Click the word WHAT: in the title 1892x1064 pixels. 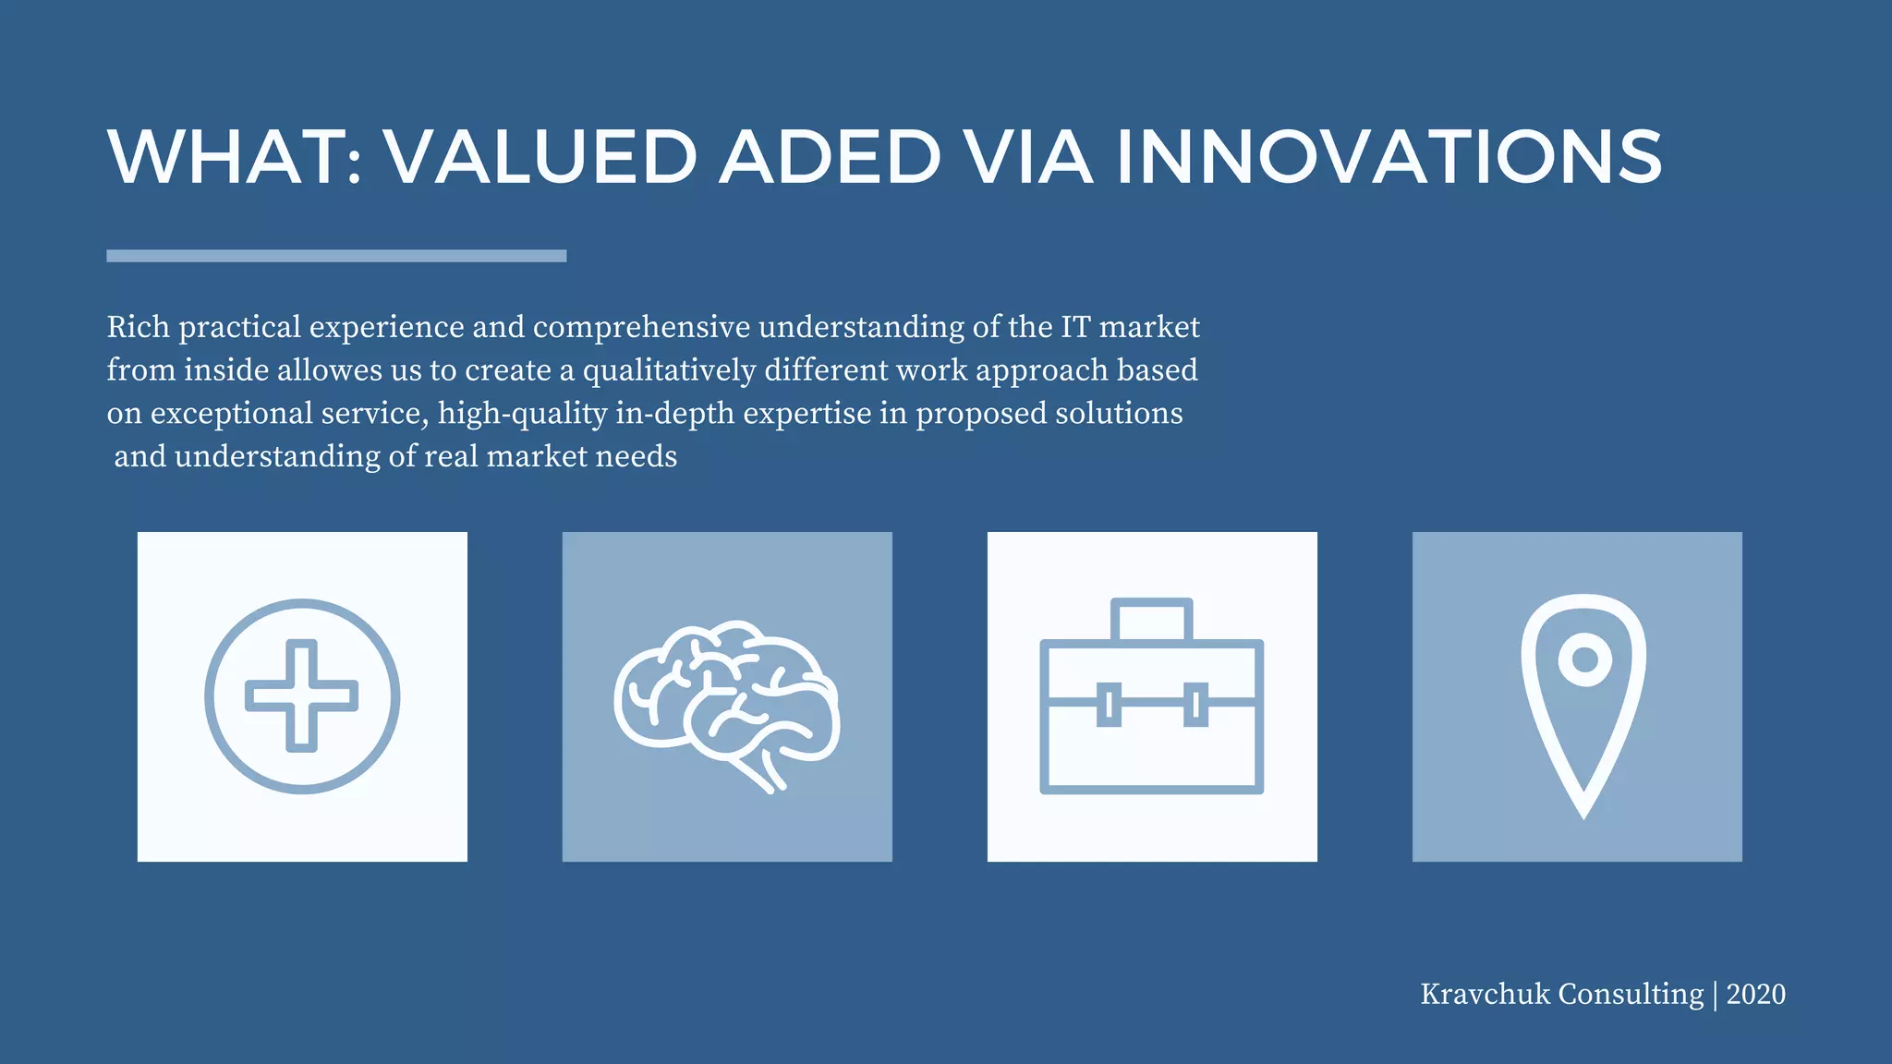[235, 156]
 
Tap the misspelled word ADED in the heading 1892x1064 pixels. [830, 156]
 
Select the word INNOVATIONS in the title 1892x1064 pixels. [1389, 156]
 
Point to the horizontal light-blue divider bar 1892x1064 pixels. [336, 256]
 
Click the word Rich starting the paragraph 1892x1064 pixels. [138, 327]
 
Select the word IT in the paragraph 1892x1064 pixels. [1074, 327]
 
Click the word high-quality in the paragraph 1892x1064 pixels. [522, 414]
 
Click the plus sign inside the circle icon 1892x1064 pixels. [302, 695]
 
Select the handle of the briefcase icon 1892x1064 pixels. [1152, 617]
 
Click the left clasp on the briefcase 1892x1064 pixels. [1109, 705]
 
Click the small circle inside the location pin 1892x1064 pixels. [1584, 659]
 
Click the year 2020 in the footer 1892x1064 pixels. [1755, 995]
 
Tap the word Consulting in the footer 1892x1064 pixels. [1631, 995]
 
